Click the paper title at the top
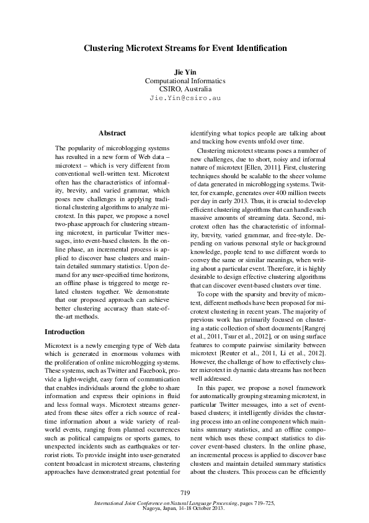[x=185, y=48]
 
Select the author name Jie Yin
[x=185, y=73]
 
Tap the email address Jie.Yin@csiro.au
[x=185, y=98]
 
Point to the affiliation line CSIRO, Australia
[x=185, y=89]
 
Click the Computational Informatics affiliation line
[x=185, y=81]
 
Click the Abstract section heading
[x=112, y=133]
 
